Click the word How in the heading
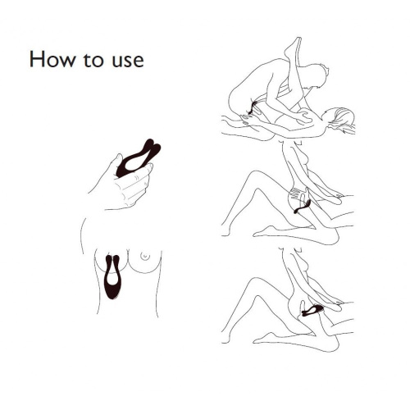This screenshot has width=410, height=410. point(52,59)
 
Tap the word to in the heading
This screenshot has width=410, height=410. point(93,61)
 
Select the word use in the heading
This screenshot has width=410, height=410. point(128,61)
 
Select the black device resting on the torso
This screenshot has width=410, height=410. point(112,276)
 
